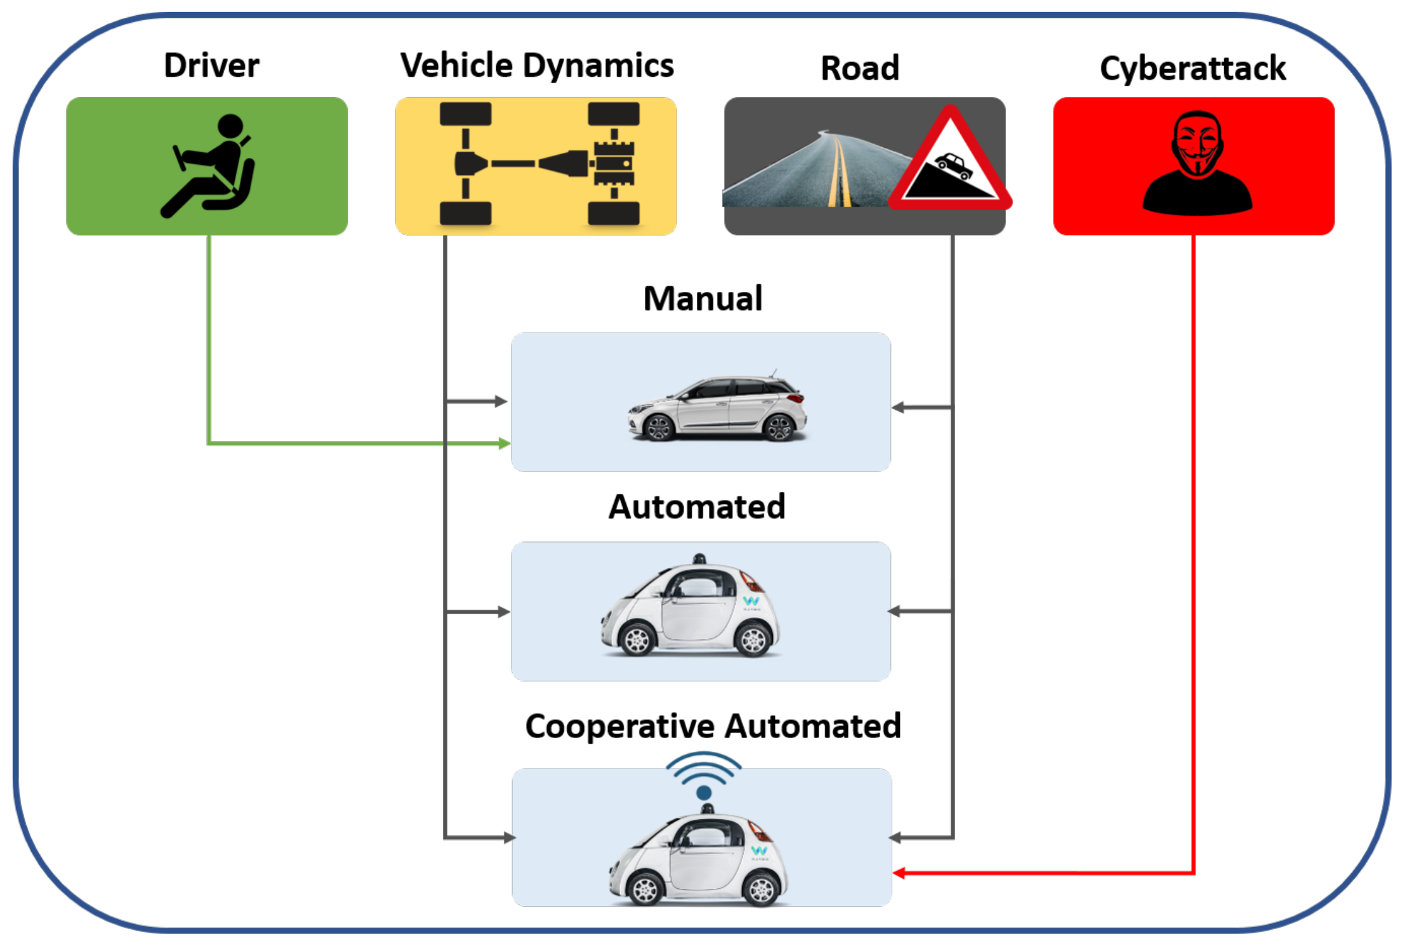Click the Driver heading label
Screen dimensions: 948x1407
pyautogui.click(x=211, y=65)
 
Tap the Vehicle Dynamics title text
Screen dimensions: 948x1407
pyautogui.click(x=536, y=65)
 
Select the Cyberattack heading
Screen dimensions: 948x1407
pyautogui.click(x=1192, y=69)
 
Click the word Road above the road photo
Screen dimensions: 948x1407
pyautogui.click(x=860, y=68)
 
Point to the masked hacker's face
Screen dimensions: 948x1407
pyautogui.click(x=1197, y=143)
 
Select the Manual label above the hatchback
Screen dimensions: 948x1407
pyautogui.click(x=703, y=298)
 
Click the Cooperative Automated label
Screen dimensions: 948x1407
pyautogui.click(x=713, y=726)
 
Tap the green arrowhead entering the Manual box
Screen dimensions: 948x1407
pyautogui.click(x=504, y=443)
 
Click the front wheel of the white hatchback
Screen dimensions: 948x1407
pyautogui.click(x=659, y=428)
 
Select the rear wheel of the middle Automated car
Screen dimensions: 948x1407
pyautogui.click(x=753, y=640)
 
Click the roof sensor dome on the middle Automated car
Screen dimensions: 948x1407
pyautogui.click(x=699, y=559)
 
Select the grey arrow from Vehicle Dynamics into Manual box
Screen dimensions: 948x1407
pyautogui.click(x=498, y=401)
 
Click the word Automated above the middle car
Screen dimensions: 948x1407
pyautogui.click(x=697, y=507)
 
